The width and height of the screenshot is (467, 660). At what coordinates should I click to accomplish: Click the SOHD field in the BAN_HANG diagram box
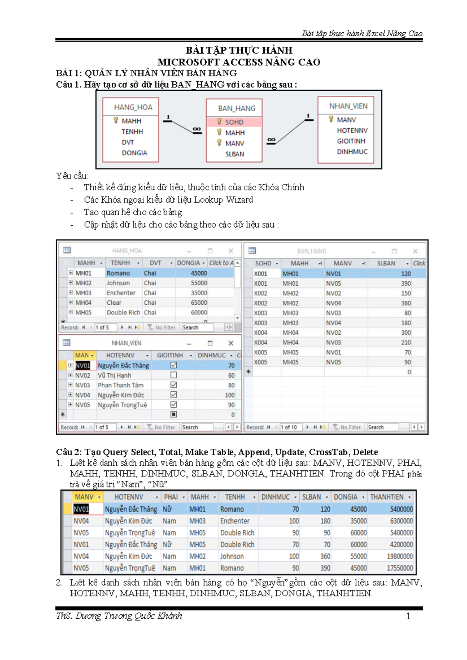coord(234,122)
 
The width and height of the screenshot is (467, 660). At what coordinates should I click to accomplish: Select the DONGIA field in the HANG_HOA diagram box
coord(134,153)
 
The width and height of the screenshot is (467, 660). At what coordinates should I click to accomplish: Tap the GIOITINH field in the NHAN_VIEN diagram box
coord(351,141)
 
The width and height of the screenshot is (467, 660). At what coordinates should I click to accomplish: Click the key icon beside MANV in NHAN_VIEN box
coord(331,119)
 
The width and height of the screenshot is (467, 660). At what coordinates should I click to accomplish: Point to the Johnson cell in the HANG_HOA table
coord(118,283)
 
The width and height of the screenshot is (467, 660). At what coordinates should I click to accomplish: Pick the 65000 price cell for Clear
coord(198,303)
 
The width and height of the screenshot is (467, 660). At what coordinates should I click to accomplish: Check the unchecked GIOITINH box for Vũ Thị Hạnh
coord(174,375)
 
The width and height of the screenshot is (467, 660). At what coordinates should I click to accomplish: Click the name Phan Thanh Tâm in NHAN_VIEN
coord(121,385)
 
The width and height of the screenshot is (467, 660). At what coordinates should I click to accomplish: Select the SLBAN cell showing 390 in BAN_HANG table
coord(406,284)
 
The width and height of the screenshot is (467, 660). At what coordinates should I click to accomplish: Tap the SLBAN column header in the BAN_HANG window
coord(386,263)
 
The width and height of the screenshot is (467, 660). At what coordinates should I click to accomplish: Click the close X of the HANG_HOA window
coord(231,251)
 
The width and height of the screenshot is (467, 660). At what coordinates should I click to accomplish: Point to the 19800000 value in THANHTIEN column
coord(400,556)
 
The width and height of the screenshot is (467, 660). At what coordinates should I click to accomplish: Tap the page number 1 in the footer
coord(408,616)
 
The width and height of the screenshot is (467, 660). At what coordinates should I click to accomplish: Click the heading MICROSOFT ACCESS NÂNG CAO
coord(239,62)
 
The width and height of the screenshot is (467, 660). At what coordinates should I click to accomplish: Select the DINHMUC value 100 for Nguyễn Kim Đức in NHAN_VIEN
coord(230,395)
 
